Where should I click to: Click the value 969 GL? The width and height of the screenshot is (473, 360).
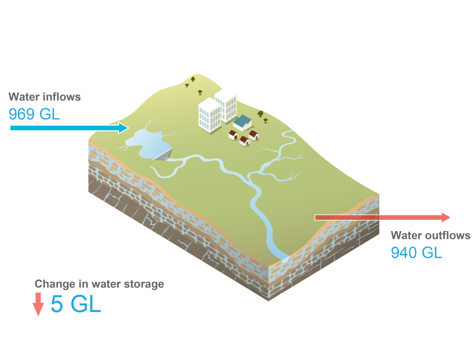pyautogui.click(x=34, y=114)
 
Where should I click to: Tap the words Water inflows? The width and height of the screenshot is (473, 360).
pyautogui.click(x=45, y=97)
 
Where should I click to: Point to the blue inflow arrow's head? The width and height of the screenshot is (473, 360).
pyautogui.click(x=123, y=128)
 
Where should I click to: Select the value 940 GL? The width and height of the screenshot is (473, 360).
pyautogui.click(x=417, y=253)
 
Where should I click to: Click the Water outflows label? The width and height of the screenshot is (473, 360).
pyautogui.click(x=430, y=235)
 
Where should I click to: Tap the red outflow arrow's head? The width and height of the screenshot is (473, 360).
pyautogui.click(x=446, y=217)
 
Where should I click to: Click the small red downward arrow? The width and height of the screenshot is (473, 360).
pyautogui.click(x=38, y=304)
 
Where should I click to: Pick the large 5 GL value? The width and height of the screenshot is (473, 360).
pyautogui.click(x=76, y=304)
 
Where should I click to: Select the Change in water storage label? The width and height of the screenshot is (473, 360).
pyautogui.click(x=99, y=284)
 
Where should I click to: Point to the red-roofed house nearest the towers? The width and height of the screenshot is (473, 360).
pyautogui.click(x=233, y=135)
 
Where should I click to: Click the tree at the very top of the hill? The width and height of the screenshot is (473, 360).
pyautogui.click(x=192, y=79)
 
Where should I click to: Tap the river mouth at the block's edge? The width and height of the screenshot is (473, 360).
pyautogui.click(x=285, y=258)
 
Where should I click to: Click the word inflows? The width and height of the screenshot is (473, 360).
pyautogui.click(x=62, y=97)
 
